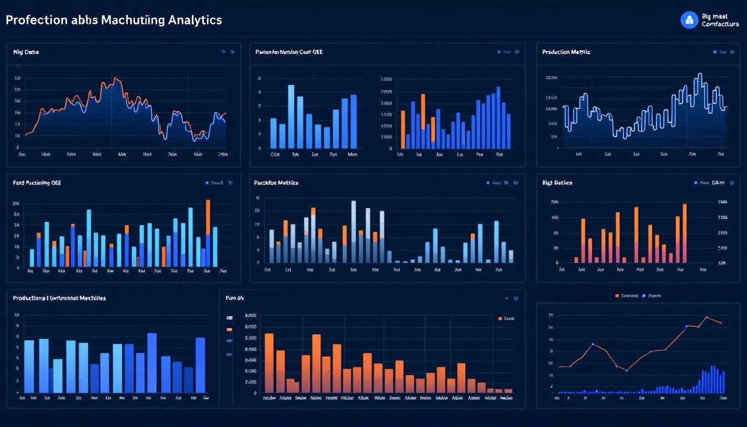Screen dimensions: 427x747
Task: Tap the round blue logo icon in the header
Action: click(689, 21)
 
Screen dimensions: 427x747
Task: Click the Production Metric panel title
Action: click(566, 52)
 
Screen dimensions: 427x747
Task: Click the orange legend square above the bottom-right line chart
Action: click(617, 296)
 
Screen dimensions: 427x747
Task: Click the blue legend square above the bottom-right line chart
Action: click(644, 296)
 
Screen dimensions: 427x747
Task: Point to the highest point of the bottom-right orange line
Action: click(706, 317)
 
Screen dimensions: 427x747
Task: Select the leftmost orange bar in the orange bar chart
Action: click(269, 361)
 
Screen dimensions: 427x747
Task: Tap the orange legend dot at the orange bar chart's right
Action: click(500, 319)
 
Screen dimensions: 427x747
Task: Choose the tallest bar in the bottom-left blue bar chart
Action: click(152, 361)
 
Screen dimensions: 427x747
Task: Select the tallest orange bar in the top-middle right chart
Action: click(423, 111)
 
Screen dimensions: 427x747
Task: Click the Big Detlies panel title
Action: click(557, 182)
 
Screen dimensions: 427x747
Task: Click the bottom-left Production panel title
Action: click(59, 298)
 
